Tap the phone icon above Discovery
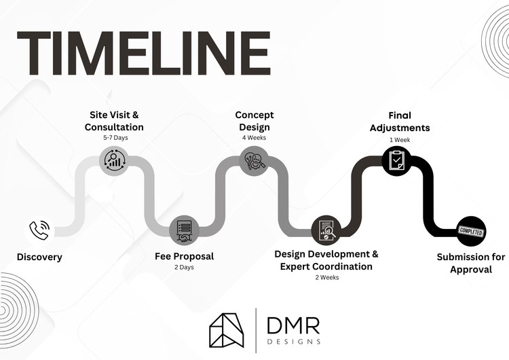[x=39, y=230]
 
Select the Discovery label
[x=39, y=257]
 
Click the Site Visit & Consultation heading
[x=114, y=121]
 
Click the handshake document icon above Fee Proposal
[x=183, y=230]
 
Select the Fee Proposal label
[x=184, y=256]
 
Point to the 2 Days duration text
[x=184, y=268]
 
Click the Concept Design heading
[x=254, y=121]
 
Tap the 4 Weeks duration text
[x=254, y=138]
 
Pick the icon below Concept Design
[x=254, y=160]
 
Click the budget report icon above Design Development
[x=326, y=230]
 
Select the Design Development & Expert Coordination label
[x=326, y=260]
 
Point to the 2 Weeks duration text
[x=326, y=277]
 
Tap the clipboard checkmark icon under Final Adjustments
[x=396, y=160]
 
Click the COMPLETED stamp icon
[x=471, y=231]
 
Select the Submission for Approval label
[x=471, y=263]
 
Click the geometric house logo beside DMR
[x=229, y=331]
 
